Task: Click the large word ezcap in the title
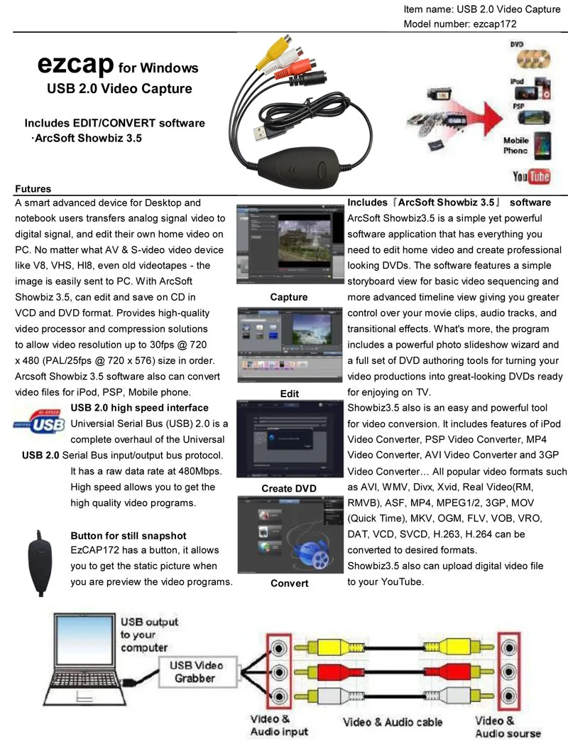75,65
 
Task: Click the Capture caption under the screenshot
289,297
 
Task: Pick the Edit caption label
289,393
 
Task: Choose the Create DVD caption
289,488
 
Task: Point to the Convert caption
289,583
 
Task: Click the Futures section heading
33,189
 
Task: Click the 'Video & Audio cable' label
392,722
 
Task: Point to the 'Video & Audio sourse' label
507,727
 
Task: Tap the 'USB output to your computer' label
148,635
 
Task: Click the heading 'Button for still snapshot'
129,535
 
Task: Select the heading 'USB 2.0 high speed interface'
139,408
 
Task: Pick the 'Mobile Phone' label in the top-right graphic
516,146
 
